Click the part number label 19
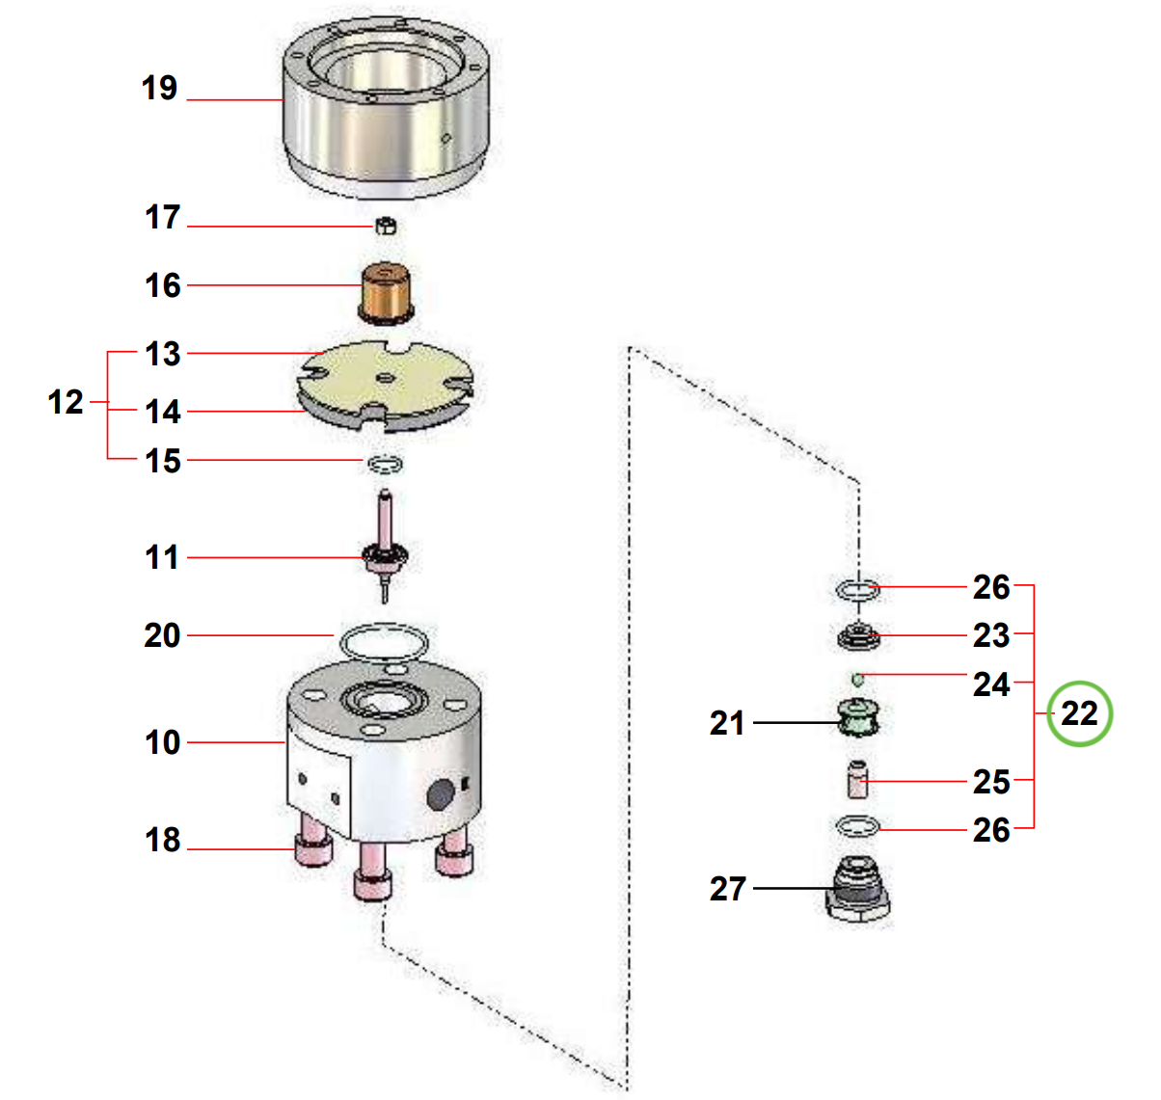160,89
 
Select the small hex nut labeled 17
385,227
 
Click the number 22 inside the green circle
1079,713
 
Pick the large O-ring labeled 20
382,640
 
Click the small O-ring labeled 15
385,465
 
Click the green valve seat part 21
857,718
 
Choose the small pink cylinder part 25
857,779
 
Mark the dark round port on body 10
440,794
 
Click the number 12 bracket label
66,402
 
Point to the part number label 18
163,840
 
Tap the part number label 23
990,635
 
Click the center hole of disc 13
385,378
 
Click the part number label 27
728,888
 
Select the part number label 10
163,742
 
